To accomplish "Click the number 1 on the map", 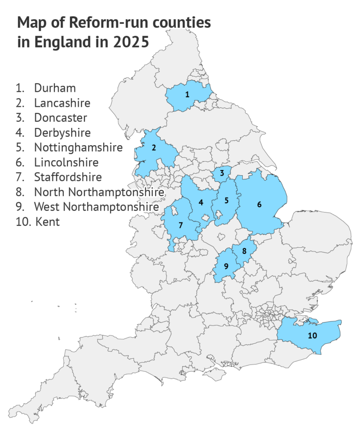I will click(187, 95).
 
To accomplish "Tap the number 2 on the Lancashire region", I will click(153, 148).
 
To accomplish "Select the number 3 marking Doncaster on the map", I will click(222, 173).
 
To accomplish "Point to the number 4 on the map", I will click(201, 202).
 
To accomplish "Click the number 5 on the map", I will click(226, 201).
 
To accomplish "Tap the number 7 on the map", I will click(180, 224).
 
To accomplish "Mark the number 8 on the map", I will click(244, 251).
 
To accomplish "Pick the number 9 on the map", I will click(226, 266).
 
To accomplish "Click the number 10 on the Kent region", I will click(312, 335).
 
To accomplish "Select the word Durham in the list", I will click(55, 88).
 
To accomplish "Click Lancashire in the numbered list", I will click(62, 103).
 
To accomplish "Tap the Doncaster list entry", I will click(60, 118).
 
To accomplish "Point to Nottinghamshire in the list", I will click(78, 148).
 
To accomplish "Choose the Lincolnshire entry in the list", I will click(66, 163).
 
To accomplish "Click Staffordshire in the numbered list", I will click(68, 177).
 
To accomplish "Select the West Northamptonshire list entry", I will click(96, 207).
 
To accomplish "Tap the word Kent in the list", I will click(47, 222).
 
